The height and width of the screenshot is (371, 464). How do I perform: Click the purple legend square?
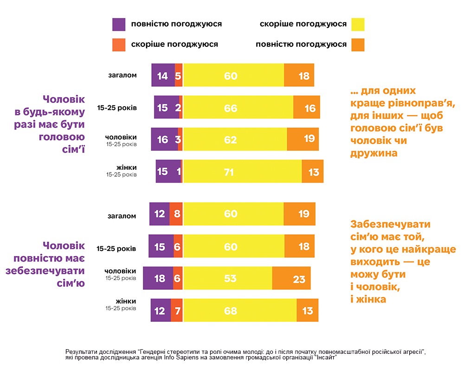[x=119, y=24]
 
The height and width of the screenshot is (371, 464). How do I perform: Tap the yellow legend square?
[x=358, y=24]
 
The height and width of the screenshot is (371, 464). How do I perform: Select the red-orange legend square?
[x=119, y=45]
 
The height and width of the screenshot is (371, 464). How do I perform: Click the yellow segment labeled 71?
[x=242, y=171]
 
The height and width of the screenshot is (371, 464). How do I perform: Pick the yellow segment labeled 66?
[x=238, y=107]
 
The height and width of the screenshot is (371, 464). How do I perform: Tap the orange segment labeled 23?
[x=291, y=278]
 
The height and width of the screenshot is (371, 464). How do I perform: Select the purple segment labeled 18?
[x=158, y=278]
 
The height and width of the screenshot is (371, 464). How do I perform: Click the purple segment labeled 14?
[x=163, y=75]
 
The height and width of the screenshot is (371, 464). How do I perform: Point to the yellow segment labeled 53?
[x=227, y=278]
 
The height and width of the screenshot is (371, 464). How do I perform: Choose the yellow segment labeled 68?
[x=240, y=310]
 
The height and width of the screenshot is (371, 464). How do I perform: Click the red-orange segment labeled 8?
[x=176, y=214]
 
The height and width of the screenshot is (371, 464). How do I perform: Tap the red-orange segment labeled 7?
[x=177, y=310]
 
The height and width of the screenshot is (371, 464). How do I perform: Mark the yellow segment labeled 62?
[x=235, y=139]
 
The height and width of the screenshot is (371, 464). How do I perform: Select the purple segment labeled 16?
[x=164, y=139]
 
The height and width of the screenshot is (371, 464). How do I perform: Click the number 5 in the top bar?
[x=178, y=76]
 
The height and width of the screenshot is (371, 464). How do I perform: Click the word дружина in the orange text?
[x=374, y=153]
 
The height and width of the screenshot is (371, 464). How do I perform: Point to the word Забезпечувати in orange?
[x=390, y=224]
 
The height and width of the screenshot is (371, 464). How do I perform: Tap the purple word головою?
[x=62, y=137]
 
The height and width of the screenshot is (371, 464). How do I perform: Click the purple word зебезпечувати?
[x=45, y=271]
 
